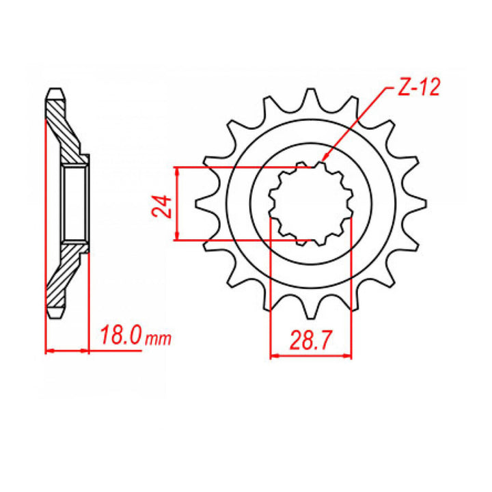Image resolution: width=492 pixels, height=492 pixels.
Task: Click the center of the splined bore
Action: click(311, 204)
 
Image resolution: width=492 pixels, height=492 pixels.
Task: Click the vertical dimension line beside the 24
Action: click(178, 204)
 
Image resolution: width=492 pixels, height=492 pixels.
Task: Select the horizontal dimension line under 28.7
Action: click(311, 356)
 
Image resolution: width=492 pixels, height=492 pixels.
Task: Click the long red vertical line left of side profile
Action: click(45, 225)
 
